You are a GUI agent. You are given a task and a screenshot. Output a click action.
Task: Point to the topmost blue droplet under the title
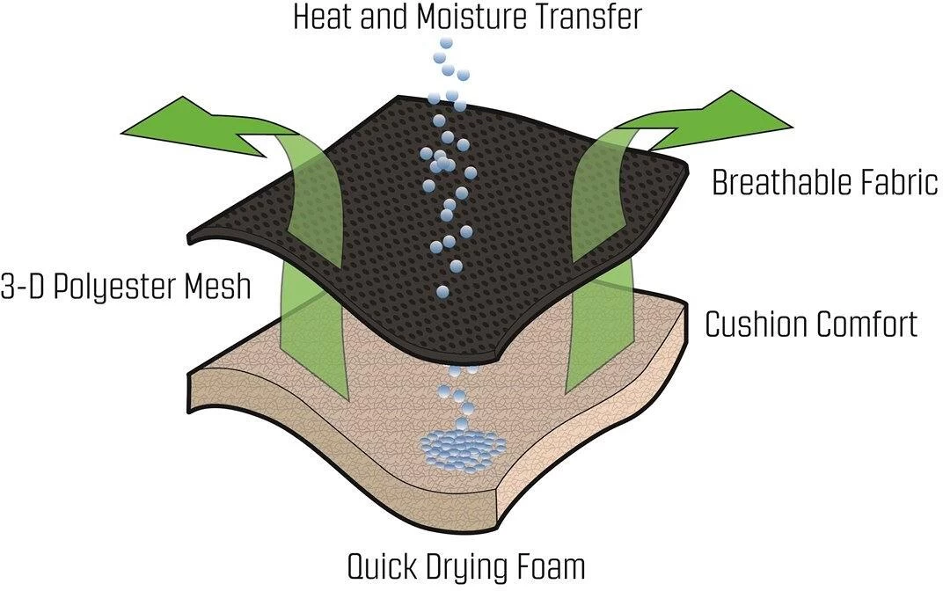coord(447,42)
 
